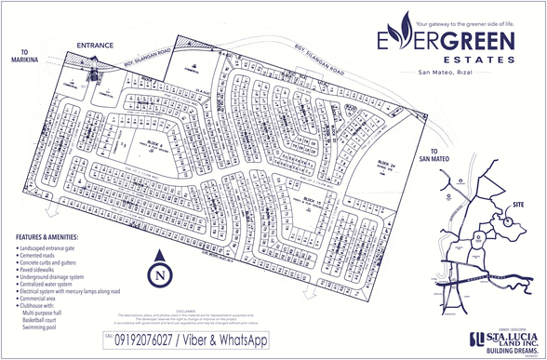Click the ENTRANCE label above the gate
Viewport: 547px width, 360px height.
[x=95, y=45]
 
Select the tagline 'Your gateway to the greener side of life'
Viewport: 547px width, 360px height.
[x=465, y=20]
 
